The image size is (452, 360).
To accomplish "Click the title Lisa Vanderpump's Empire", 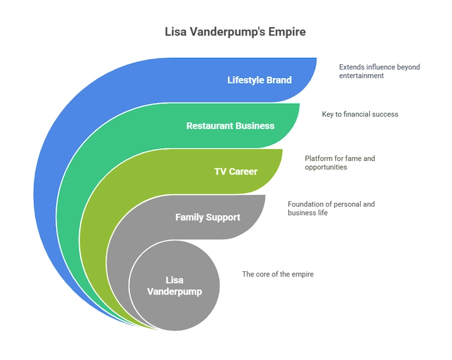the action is click(x=235, y=32).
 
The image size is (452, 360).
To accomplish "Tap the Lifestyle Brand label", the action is click(x=259, y=80).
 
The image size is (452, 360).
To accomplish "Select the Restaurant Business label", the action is click(x=230, y=126).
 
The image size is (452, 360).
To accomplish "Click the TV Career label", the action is click(x=236, y=172).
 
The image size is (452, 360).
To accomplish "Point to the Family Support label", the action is click(x=208, y=217).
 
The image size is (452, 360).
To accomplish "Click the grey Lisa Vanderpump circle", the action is click(x=175, y=286).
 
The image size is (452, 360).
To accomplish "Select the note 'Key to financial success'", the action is click(x=360, y=114).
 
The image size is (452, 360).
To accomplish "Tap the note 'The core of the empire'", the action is click(x=278, y=274).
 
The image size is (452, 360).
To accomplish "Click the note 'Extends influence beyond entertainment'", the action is click(x=379, y=71).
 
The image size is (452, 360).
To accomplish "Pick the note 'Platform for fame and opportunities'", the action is click(x=340, y=163).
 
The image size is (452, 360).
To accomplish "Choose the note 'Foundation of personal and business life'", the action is click(x=331, y=208).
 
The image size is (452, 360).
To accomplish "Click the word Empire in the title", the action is click(x=287, y=32).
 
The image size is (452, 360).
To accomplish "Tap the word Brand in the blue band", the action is click(x=279, y=80).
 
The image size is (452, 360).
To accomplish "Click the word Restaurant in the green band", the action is click(x=206, y=126).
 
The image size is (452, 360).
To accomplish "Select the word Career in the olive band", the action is click(x=243, y=172).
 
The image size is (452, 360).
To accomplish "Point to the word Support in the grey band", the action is click(x=223, y=217).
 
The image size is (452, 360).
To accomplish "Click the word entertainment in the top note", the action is click(x=362, y=75).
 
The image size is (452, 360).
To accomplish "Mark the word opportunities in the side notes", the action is click(x=326, y=167).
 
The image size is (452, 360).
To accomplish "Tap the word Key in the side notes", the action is click(x=328, y=114).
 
